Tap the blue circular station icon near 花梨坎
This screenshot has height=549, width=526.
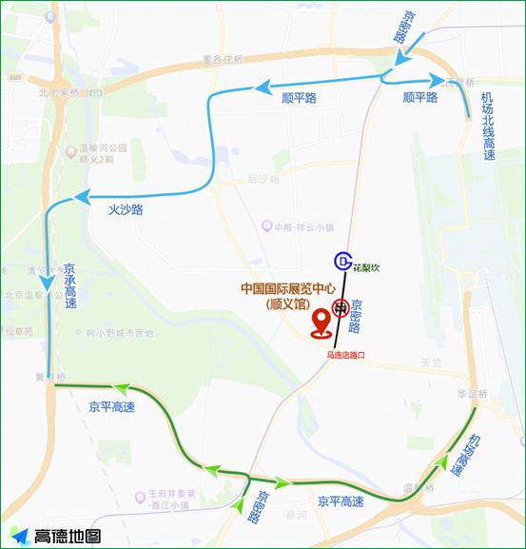coord(342,261)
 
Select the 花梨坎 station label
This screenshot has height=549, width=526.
coord(367,268)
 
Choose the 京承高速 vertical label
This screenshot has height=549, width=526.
coord(69,285)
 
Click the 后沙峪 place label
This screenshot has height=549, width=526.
coord(263,178)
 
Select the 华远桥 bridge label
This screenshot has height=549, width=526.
coord(470,394)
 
